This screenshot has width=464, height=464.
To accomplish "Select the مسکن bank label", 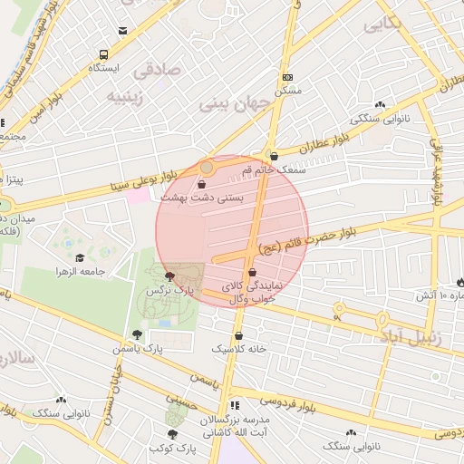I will [x=288, y=92].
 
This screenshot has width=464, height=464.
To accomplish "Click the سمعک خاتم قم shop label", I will [x=275, y=169].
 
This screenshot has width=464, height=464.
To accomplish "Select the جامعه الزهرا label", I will [x=82, y=271].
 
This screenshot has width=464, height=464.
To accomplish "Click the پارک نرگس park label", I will [x=172, y=291].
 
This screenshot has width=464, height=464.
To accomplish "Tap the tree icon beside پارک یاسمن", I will [x=137, y=334].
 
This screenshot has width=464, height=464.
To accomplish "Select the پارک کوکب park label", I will [x=172, y=449].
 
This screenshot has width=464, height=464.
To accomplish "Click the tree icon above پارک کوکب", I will [x=171, y=433].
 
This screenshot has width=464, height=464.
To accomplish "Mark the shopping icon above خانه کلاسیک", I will [x=238, y=333].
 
